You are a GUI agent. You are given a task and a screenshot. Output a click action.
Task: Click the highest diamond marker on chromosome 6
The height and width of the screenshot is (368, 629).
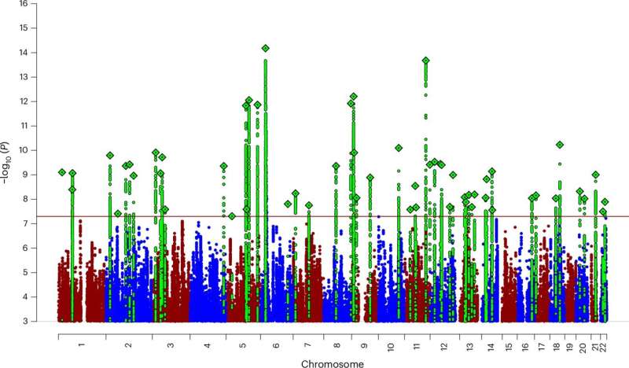(x=266, y=48)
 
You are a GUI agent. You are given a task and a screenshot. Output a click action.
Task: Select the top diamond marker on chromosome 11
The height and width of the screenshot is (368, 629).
(x=426, y=61)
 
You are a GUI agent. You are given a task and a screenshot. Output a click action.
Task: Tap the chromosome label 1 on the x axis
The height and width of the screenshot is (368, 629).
(x=81, y=345)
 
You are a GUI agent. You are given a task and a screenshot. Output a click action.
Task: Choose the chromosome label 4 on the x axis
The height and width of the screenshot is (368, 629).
(x=207, y=345)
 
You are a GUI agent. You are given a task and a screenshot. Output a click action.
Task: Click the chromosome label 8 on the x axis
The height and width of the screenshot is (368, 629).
(x=337, y=345)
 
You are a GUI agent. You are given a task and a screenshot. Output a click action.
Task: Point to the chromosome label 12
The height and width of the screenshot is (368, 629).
(x=444, y=345)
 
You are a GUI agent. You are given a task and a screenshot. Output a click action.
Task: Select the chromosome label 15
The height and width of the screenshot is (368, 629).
(x=509, y=345)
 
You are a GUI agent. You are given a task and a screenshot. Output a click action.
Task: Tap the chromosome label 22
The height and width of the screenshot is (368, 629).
(x=604, y=345)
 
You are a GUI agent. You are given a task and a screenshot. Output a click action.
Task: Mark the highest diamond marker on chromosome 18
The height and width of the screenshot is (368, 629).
(x=560, y=145)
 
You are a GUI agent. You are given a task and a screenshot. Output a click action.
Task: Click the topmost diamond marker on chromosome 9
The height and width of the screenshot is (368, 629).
(x=354, y=96)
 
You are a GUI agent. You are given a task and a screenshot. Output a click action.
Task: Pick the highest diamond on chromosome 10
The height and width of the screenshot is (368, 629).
(x=399, y=148)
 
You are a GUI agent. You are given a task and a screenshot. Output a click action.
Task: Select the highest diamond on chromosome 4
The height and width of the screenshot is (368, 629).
(x=224, y=166)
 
